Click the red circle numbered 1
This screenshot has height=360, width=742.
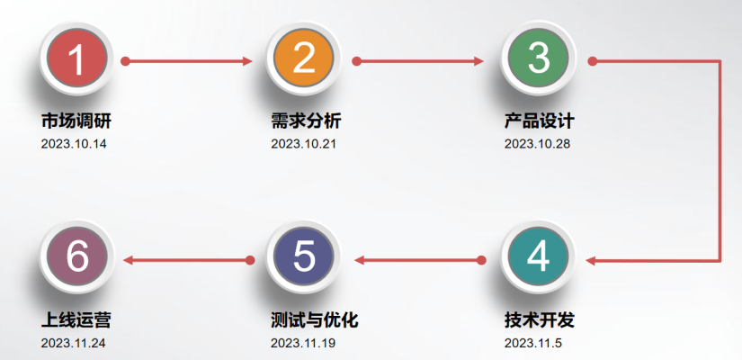click(x=77, y=59)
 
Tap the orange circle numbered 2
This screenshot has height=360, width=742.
click(x=304, y=59)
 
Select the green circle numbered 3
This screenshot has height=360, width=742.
click(x=538, y=59)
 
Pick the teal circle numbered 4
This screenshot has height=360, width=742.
click(x=538, y=258)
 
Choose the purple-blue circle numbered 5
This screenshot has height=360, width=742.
click(x=304, y=258)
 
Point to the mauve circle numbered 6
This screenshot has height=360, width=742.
click(x=77, y=258)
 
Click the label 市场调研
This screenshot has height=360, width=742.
click(x=76, y=121)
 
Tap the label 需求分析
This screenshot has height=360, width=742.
click(x=306, y=121)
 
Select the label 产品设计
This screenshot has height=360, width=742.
click(x=539, y=121)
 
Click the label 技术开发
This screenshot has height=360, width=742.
click(x=539, y=321)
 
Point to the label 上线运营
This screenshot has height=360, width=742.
click(x=76, y=321)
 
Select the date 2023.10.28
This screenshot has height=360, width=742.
click(x=537, y=143)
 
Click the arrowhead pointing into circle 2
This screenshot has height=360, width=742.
click(x=248, y=61)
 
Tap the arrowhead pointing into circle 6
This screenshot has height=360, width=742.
click(x=129, y=261)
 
